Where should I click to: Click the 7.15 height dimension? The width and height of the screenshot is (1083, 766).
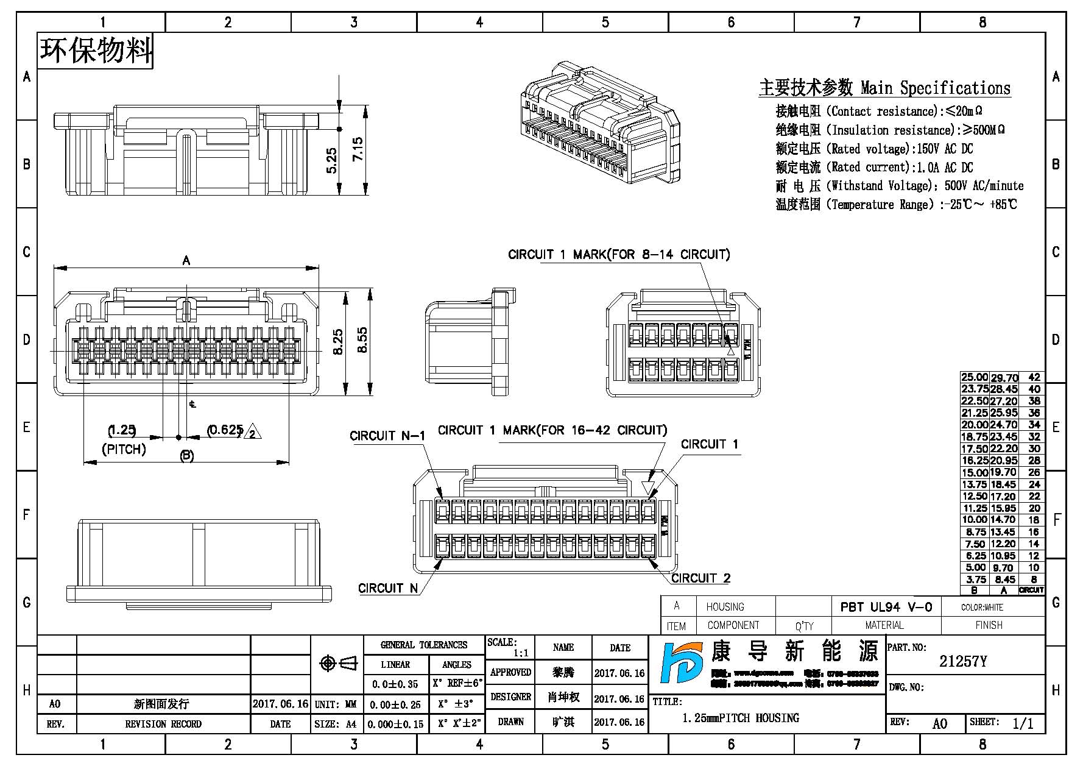pos(358,149)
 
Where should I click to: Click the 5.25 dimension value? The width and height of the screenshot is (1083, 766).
pos(331,160)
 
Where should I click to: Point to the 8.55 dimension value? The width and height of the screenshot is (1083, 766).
pos(362,340)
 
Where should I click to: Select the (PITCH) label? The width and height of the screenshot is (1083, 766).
pos(124,450)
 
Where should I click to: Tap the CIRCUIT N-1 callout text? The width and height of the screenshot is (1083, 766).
pos(387,436)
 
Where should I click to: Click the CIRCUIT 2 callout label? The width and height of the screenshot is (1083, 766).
pos(700,578)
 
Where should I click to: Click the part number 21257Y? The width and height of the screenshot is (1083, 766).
pos(962,662)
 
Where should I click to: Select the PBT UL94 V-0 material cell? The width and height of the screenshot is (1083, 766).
pos(886,607)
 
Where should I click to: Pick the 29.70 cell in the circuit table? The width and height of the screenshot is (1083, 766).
pos(1004,378)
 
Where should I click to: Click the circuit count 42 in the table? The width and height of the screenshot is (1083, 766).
pos(1034,378)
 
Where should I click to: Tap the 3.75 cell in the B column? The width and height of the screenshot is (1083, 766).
pos(975,580)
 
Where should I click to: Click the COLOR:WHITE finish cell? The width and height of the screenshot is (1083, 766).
pos(982,608)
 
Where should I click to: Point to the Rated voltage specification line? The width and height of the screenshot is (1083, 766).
pos(874,149)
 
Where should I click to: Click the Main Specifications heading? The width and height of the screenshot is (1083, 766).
pos(884,88)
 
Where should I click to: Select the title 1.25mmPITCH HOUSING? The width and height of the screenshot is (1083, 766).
pos(740,718)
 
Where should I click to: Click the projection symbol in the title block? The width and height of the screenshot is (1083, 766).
pos(338,663)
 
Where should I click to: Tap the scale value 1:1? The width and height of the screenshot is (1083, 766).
pos(521,653)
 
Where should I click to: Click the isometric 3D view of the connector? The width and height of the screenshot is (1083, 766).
pos(600,122)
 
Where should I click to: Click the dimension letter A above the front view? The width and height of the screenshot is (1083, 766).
pos(186,261)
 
